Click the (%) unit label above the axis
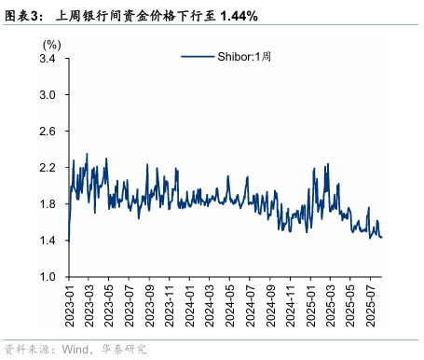(52, 44)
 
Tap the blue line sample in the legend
(198, 58)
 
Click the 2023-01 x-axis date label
(68, 302)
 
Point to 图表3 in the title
(22, 17)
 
